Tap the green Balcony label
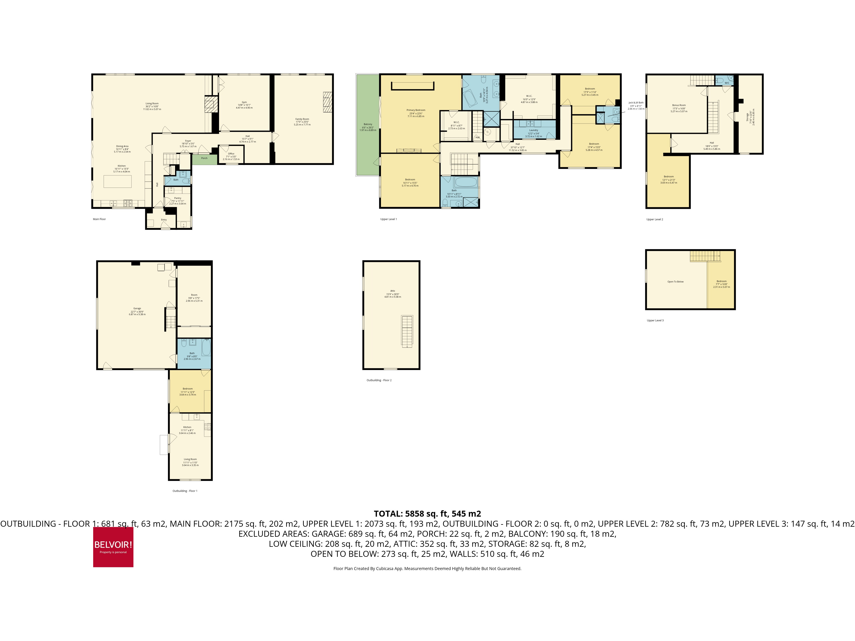(368, 124)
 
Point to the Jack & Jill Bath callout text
(636, 103)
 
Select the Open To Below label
(675, 282)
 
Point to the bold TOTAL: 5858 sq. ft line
(427, 514)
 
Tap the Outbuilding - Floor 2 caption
(379, 380)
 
